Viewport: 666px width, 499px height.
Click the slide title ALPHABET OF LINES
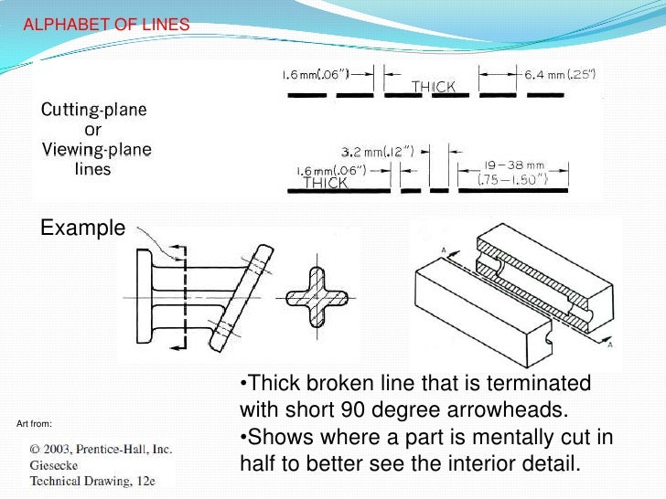coord(106,26)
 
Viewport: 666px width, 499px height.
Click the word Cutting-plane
coord(93,111)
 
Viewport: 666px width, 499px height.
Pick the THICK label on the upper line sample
coord(434,87)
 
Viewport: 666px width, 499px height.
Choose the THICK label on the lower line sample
coord(326,182)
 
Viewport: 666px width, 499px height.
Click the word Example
coord(81,229)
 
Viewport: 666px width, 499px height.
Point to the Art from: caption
coord(35,423)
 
